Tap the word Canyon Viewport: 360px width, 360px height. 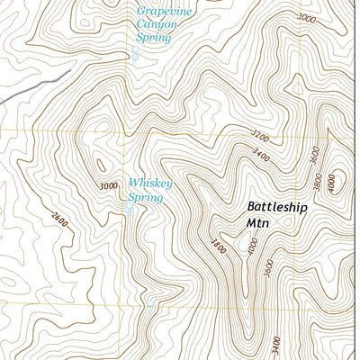coord(157,25)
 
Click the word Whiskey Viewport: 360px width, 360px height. coord(149,184)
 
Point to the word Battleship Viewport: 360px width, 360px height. coord(277,207)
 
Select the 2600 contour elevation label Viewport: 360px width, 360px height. coord(59,220)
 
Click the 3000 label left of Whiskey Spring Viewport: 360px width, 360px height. coord(110,186)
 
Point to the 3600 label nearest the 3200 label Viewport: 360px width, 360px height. coord(314,154)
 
